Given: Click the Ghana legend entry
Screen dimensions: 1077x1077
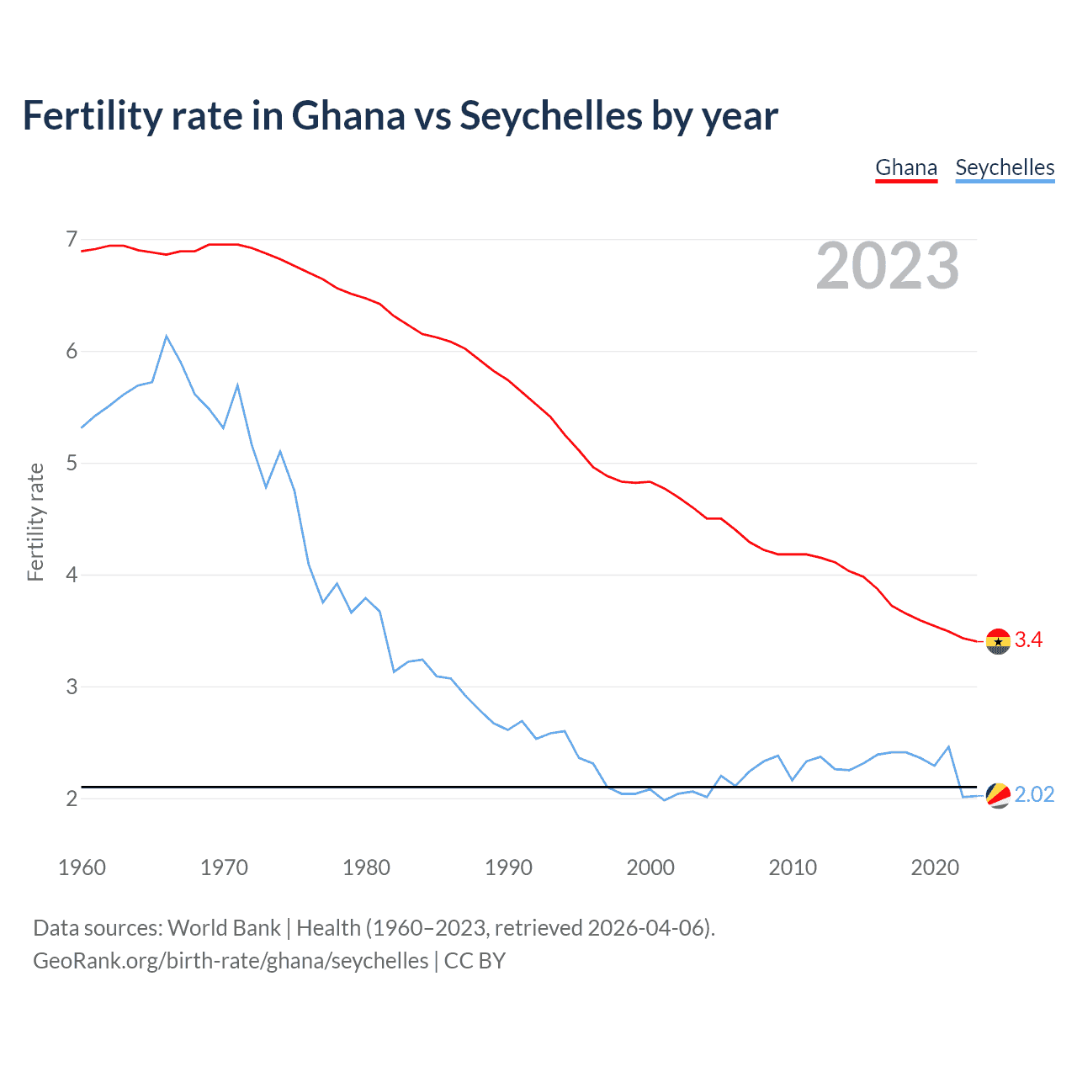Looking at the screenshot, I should coord(906,167).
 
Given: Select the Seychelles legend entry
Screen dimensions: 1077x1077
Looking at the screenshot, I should coord(1005,167).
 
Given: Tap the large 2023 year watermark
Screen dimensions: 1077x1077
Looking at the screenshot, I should coord(888,266).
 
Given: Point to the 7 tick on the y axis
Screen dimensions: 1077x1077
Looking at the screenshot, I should coord(72,240).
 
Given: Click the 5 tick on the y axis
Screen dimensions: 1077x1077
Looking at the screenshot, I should coord(72,463).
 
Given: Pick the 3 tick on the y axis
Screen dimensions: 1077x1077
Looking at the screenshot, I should coord(72,687).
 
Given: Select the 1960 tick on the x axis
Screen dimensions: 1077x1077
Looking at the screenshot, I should coord(82,867).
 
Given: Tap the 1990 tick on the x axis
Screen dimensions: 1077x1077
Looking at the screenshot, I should coord(508,867).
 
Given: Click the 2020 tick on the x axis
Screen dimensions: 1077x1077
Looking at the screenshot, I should coord(935,867).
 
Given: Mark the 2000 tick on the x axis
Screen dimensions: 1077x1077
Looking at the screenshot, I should coord(650,867).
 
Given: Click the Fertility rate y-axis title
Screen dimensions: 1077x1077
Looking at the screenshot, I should coord(35,522).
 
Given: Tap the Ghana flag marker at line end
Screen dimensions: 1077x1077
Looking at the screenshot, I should coord(998,641).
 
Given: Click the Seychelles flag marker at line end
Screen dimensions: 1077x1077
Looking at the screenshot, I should coord(998,795).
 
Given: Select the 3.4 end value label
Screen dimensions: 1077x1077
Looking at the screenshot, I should coord(1028,640).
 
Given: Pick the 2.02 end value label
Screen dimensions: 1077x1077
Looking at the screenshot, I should coord(1034,795).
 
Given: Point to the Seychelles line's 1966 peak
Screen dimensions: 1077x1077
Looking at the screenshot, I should coord(167,337).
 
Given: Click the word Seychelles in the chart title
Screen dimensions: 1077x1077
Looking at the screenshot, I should coord(551,116).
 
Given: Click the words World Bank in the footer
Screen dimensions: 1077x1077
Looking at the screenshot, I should coord(224,928).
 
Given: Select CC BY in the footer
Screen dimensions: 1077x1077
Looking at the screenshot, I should coord(475,961).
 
